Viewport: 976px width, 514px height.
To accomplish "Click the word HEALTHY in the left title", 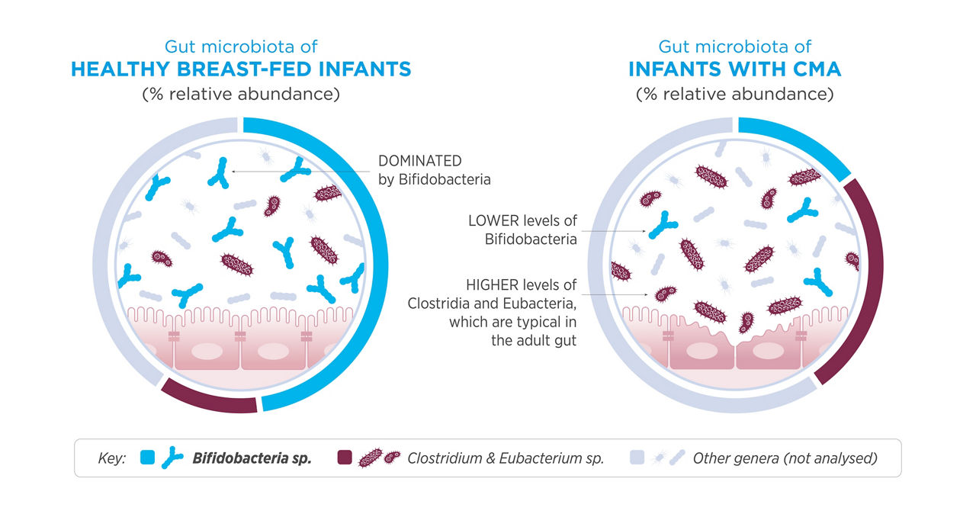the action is (x=120, y=69).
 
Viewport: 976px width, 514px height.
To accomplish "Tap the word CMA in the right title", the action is (x=817, y=69).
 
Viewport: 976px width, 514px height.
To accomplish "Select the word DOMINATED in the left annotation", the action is (x=419, y=161).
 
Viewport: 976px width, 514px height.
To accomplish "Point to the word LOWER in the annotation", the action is (x=493, y=221).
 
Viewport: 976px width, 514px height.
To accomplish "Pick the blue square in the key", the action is (x=148, y=458).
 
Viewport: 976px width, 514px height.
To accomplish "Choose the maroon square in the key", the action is (x=345, y=458).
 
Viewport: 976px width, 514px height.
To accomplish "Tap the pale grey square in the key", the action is (x=637, y=458).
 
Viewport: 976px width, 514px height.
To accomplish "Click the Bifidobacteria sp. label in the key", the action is (x=252, y=458).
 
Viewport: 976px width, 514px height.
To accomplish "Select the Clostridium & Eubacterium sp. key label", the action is (x=506, y=458).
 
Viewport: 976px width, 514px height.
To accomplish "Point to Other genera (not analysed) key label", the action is (x=785, y=458).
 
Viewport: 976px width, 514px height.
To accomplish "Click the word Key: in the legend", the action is (x=112, y=458).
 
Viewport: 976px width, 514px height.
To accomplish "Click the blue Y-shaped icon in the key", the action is (x=172, y=458).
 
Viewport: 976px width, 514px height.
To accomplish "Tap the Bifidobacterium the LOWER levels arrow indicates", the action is (x=663, y=225).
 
